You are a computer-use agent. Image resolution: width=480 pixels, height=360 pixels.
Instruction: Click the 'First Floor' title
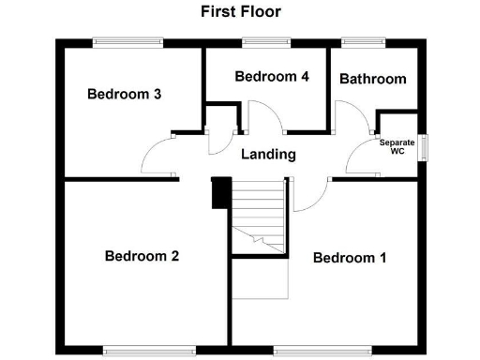point(240,12)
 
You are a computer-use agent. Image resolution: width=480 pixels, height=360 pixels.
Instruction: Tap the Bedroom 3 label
point(125,94)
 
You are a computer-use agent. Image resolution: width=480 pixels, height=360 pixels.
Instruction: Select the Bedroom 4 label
point(272,77)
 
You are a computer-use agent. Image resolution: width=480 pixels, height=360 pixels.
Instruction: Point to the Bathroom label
point(372,79)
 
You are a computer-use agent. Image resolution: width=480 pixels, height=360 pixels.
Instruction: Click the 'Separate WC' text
point(397,147)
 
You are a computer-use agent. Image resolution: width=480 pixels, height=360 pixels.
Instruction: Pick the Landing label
point(268,155)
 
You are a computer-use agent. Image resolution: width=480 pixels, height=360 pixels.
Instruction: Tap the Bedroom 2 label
point(142,256)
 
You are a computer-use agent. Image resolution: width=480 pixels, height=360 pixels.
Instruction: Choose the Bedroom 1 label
point(350,258)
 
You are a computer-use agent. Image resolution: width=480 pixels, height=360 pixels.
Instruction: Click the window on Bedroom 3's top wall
point(128,40)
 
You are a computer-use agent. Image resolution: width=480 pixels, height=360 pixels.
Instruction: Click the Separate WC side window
point(424,148)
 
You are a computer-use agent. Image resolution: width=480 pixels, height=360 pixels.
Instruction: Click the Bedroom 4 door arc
point(266,117)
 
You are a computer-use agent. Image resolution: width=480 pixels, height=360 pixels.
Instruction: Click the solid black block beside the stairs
point(221,194)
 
